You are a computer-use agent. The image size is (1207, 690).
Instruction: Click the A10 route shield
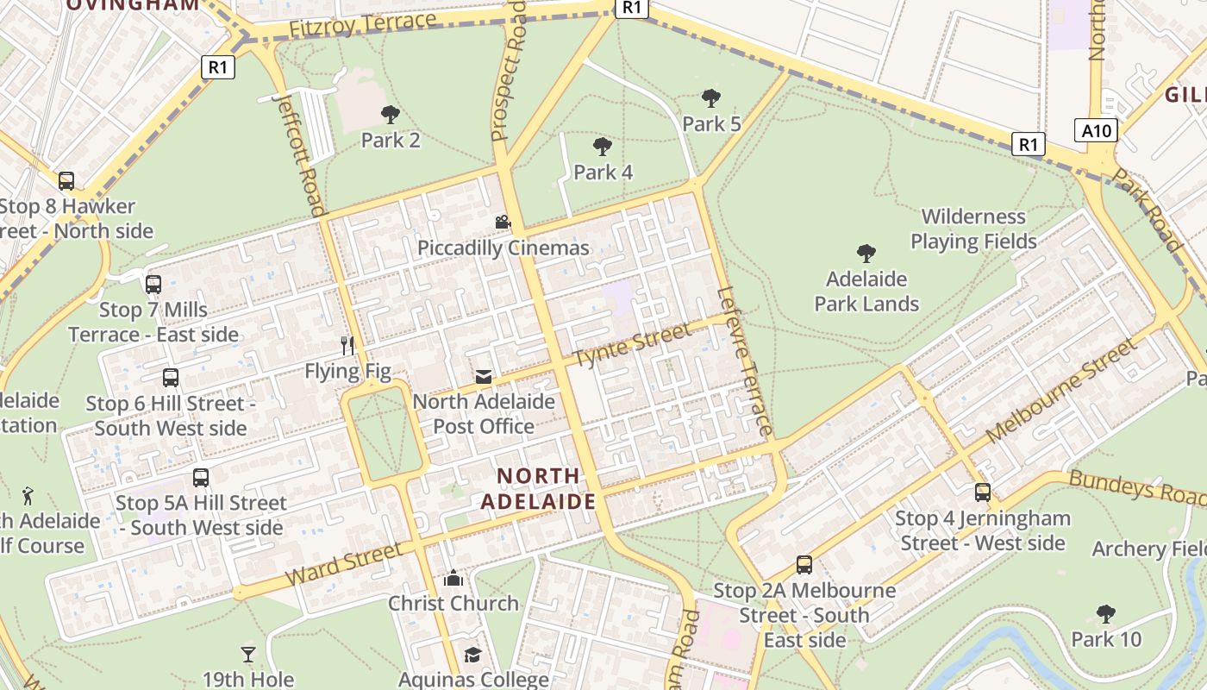(1097, 130)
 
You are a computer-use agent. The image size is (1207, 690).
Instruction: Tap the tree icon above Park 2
(390, 114)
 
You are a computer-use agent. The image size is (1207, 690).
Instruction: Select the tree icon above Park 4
(603, 147)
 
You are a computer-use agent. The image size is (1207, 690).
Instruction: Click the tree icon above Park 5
(711, 97)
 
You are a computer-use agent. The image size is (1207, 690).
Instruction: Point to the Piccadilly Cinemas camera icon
(503, 223)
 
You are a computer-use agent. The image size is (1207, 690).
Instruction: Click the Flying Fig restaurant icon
(347, 346)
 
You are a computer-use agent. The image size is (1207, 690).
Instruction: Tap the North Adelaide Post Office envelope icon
(483, 377)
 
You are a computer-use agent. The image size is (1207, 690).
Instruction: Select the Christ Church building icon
(453, 578)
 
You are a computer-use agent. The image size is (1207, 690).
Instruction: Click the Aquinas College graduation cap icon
(472, 655)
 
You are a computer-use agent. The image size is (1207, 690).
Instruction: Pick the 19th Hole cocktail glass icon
(248, 655)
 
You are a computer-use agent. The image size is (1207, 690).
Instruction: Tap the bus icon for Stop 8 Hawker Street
(66, 181)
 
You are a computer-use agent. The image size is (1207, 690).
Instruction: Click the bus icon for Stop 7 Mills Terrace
(153, 284)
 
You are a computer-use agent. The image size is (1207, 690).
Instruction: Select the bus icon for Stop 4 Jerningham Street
(983, 492)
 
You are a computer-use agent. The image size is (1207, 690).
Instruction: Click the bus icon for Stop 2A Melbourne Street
(804, 565)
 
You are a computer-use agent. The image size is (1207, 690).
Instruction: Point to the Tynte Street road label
(632, 344)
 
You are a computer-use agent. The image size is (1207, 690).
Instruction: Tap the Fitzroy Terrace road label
(362, 25)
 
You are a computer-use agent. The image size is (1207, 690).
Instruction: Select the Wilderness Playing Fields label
(973, 229)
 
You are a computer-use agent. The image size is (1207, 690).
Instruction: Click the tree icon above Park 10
(1106, 614)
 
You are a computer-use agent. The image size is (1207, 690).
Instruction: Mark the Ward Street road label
(342, 564)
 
